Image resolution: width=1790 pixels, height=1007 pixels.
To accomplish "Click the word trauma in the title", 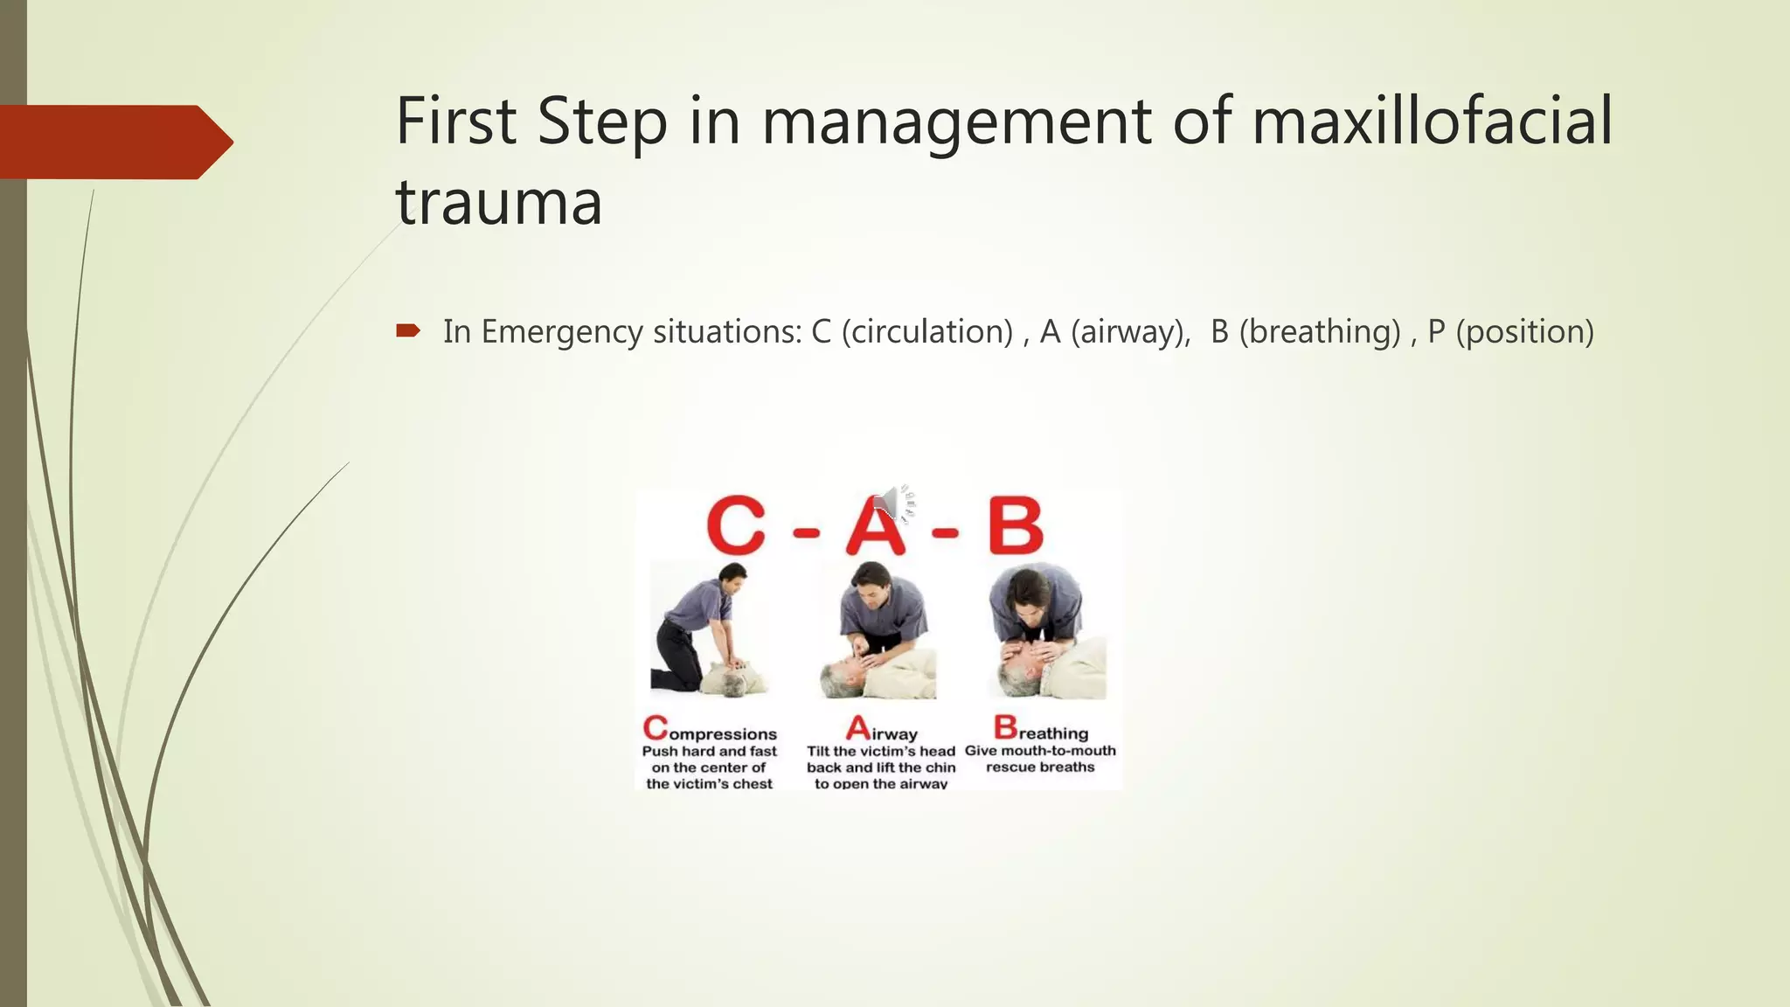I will (x=499, y=202).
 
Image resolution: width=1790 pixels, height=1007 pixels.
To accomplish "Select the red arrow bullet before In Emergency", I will (x=408, y=330).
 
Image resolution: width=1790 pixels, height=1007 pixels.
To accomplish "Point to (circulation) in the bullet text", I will (x=926, y=332).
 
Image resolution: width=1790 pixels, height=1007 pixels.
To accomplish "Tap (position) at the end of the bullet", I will (x=1525, y=332).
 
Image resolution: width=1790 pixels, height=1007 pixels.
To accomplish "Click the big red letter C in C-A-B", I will (x=736, y=527).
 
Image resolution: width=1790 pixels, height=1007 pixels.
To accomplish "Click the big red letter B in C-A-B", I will (x=1016, y=527).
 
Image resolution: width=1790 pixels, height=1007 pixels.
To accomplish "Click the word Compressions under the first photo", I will (x=710, y=730).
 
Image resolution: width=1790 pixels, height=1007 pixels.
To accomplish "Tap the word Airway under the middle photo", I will (x=881, y=730).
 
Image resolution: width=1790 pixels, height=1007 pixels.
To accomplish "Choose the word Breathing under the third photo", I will (x=1040, y=729).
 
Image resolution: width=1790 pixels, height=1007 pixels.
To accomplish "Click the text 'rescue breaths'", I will (x=1040, y=767).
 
